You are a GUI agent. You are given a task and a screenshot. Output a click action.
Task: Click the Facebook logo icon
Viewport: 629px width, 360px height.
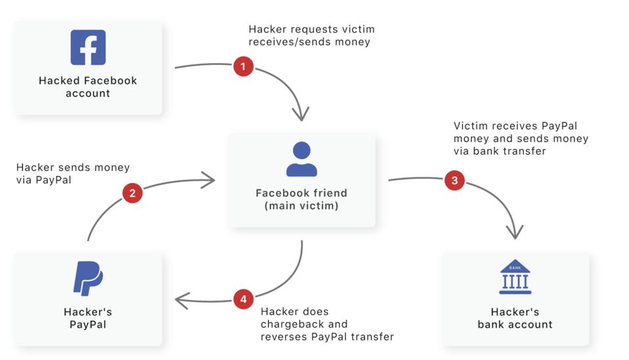88,47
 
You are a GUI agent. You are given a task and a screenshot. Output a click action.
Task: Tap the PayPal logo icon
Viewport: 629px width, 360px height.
88,278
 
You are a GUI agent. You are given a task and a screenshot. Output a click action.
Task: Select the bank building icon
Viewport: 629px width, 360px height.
515,277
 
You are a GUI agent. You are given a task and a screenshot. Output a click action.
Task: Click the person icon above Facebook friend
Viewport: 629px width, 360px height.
301,160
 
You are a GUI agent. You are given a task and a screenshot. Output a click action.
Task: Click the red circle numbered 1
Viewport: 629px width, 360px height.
244,66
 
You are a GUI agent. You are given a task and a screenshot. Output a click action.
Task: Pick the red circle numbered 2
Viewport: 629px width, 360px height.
133,193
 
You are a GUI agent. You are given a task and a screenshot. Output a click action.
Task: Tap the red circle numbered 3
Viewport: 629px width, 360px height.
454,181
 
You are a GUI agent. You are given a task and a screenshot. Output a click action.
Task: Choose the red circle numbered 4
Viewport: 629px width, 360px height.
244,300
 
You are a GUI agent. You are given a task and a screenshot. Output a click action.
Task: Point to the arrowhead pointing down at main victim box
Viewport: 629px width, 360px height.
301,114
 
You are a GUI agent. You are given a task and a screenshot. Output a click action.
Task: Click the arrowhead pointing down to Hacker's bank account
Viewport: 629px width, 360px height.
515,232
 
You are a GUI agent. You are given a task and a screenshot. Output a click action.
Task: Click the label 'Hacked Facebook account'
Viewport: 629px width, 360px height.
88,87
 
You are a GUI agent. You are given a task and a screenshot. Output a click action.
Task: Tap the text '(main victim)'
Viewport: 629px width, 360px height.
301,206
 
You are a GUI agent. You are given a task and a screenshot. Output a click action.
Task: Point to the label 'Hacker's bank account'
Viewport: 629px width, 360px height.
515,318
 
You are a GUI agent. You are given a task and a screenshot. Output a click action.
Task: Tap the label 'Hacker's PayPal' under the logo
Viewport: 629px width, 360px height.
88,318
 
